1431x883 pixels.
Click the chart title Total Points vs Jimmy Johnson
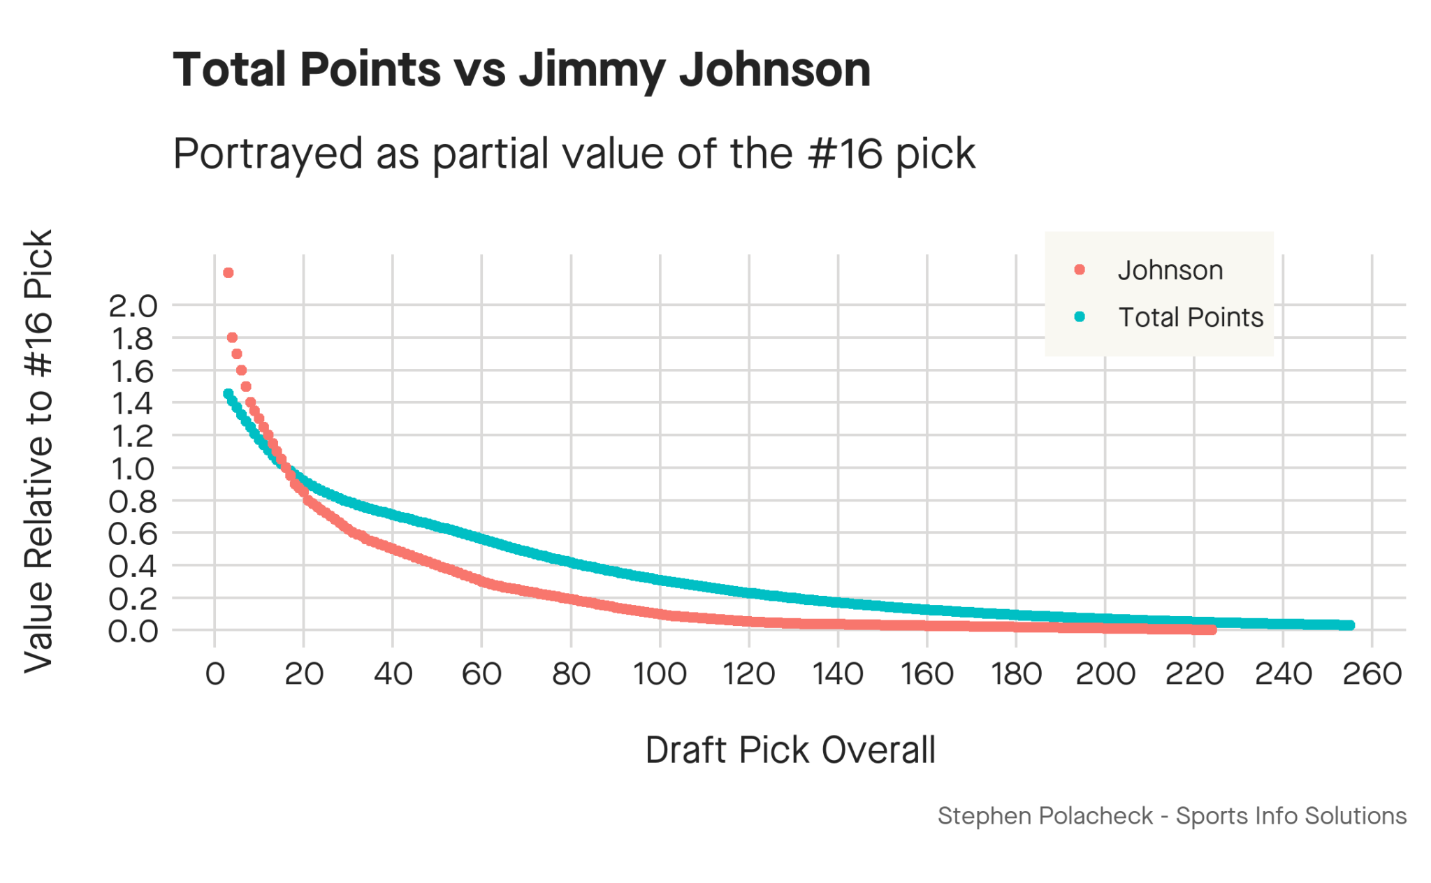521,70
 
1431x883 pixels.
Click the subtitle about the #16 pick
573,154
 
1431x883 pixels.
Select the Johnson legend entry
1169,270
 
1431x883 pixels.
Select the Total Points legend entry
1190,318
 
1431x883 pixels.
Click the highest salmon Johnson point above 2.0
228,273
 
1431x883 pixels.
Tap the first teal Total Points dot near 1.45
228,394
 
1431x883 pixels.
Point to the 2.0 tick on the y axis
133,306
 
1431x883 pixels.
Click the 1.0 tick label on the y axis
133,469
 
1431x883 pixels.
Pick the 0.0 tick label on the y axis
133,632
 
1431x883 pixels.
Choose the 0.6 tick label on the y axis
133,534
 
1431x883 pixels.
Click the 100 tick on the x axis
660,674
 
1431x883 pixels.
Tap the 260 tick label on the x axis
1372,674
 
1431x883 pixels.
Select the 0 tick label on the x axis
215,674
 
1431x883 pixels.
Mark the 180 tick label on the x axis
1016,674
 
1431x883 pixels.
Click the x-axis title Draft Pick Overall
790,750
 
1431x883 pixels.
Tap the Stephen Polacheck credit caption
1172,816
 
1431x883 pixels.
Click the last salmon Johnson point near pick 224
1212,630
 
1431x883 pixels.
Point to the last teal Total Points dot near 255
1350,625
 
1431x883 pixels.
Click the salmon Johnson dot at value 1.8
232,338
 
